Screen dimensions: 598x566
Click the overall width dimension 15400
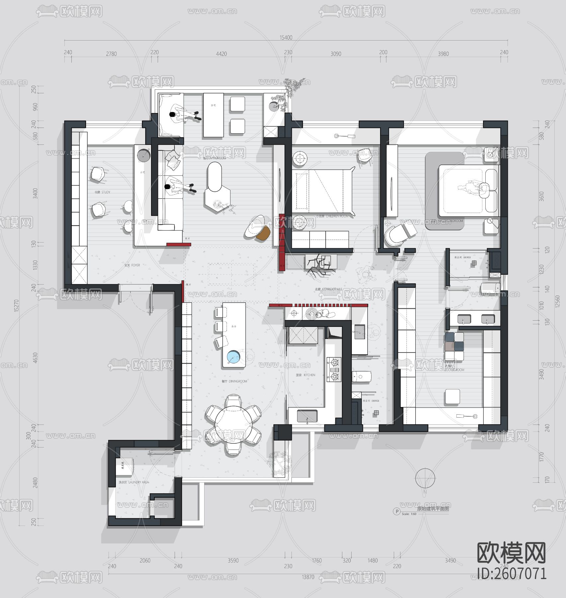point(286,38)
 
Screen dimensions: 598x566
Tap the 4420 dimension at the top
point(221,54)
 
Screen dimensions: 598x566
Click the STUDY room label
point(102,192)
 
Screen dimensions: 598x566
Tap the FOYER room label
point(132,265)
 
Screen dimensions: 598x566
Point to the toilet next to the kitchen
point(362,377)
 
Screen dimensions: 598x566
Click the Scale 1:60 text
point(409,514)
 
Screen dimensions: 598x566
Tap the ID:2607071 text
point(512,573)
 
